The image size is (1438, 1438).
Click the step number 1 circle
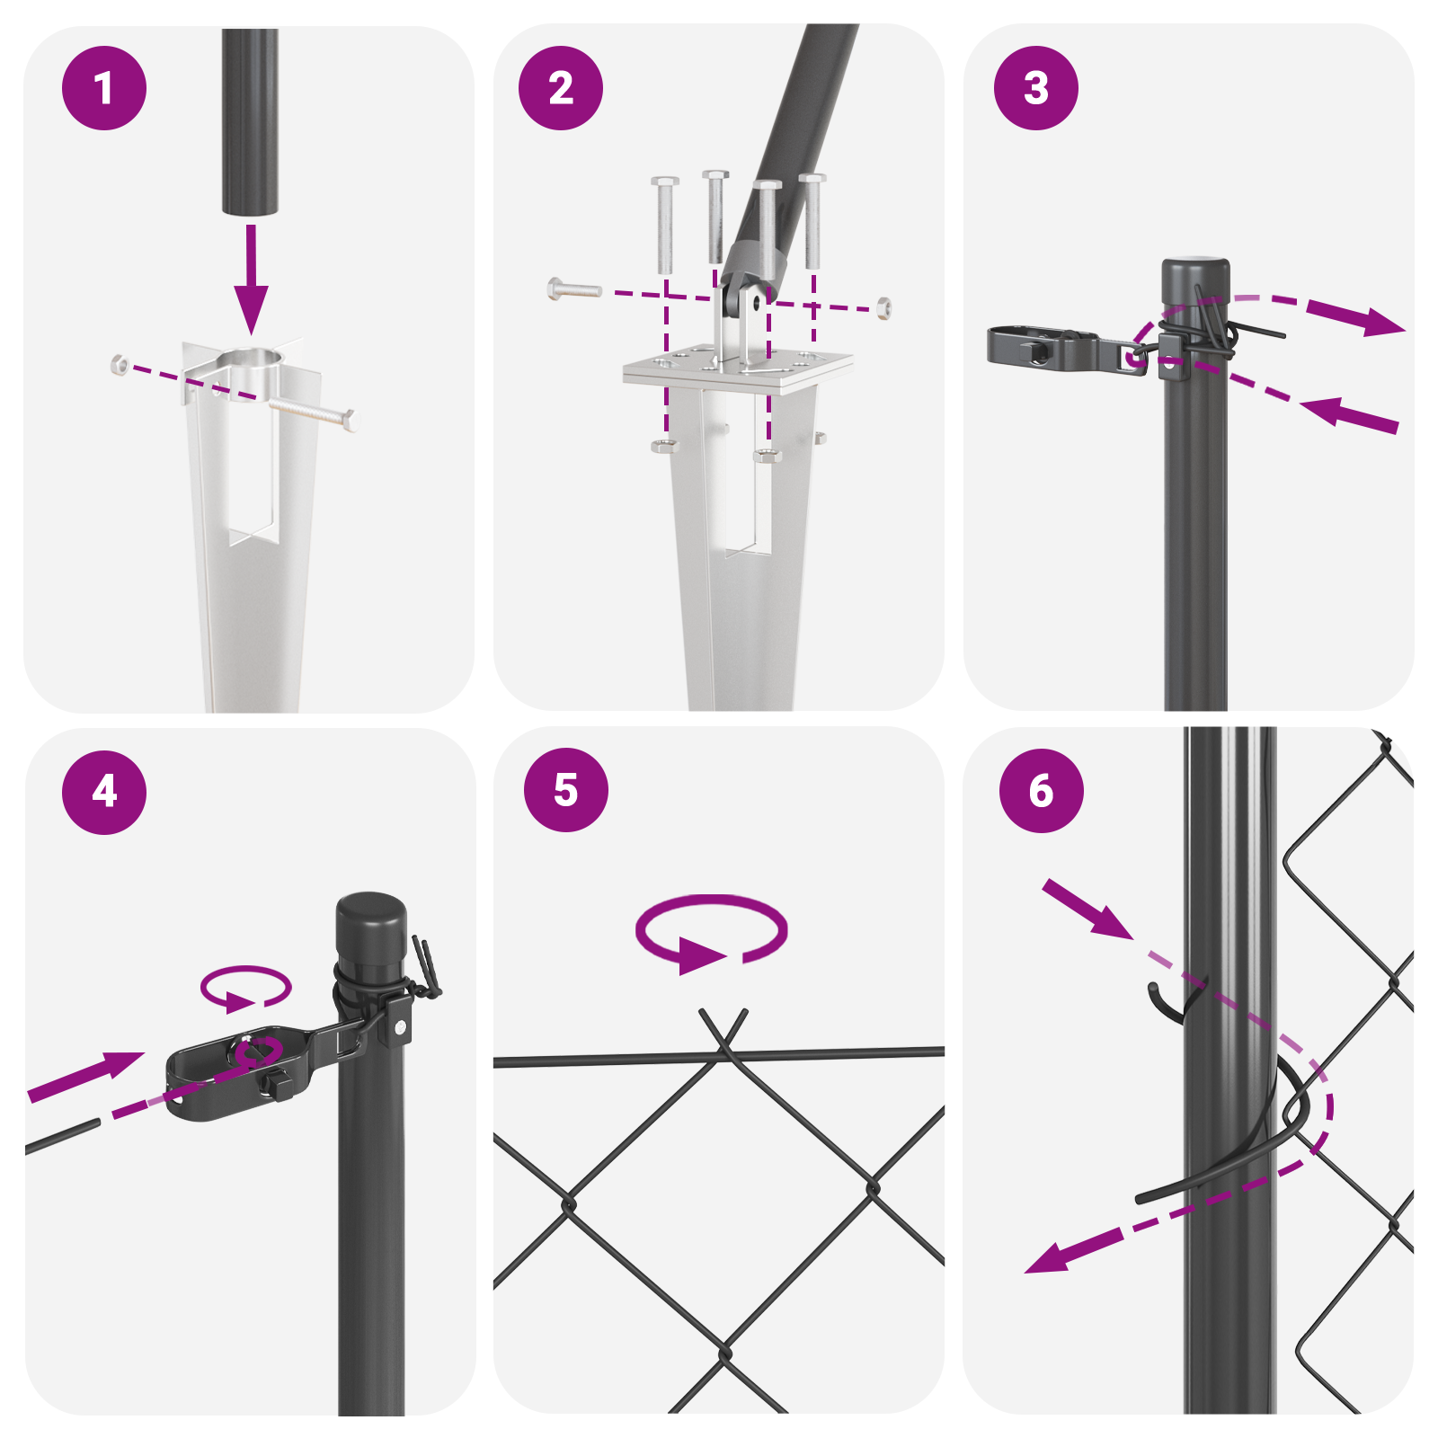click(104, 88)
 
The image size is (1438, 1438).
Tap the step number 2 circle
click(561, 88)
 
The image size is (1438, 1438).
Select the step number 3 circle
click(1036, 88)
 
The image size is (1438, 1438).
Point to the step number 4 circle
click(104, 792)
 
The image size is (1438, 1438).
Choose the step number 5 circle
click(566, 789)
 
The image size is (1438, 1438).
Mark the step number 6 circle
click(1042, 790)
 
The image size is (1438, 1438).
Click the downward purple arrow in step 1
click(251, 279)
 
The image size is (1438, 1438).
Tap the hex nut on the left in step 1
click(119, 364)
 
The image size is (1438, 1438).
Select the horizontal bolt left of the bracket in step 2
click(574, 289)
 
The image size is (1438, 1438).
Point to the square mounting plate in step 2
click(738, 368)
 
